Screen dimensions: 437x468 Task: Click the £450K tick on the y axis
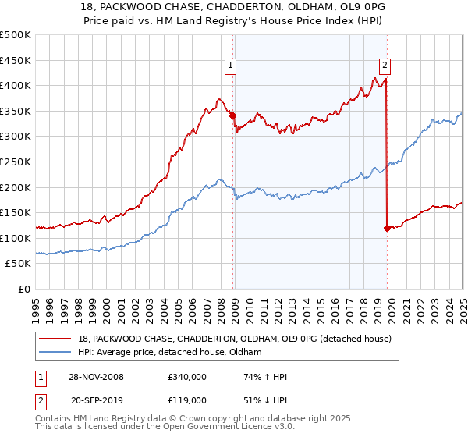pyautogui.click(x=16, y=60)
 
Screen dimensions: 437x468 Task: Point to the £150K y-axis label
pyautogui.click(x=16, y=212)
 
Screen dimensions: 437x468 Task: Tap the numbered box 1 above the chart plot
pyautogui.click(x=232, y=66)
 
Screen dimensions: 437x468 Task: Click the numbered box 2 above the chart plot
pyautogui.click(x=385, y=66)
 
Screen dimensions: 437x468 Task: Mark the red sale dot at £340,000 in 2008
pyautogui.click(x=232, y=115)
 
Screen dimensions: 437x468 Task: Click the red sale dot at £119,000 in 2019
pyautogui.click(x=387, y=228)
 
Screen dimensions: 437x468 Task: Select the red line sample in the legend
pyautogui.click(x=55, y=338)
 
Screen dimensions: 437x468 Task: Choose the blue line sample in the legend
pyautogui.click(x=55, y=353)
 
